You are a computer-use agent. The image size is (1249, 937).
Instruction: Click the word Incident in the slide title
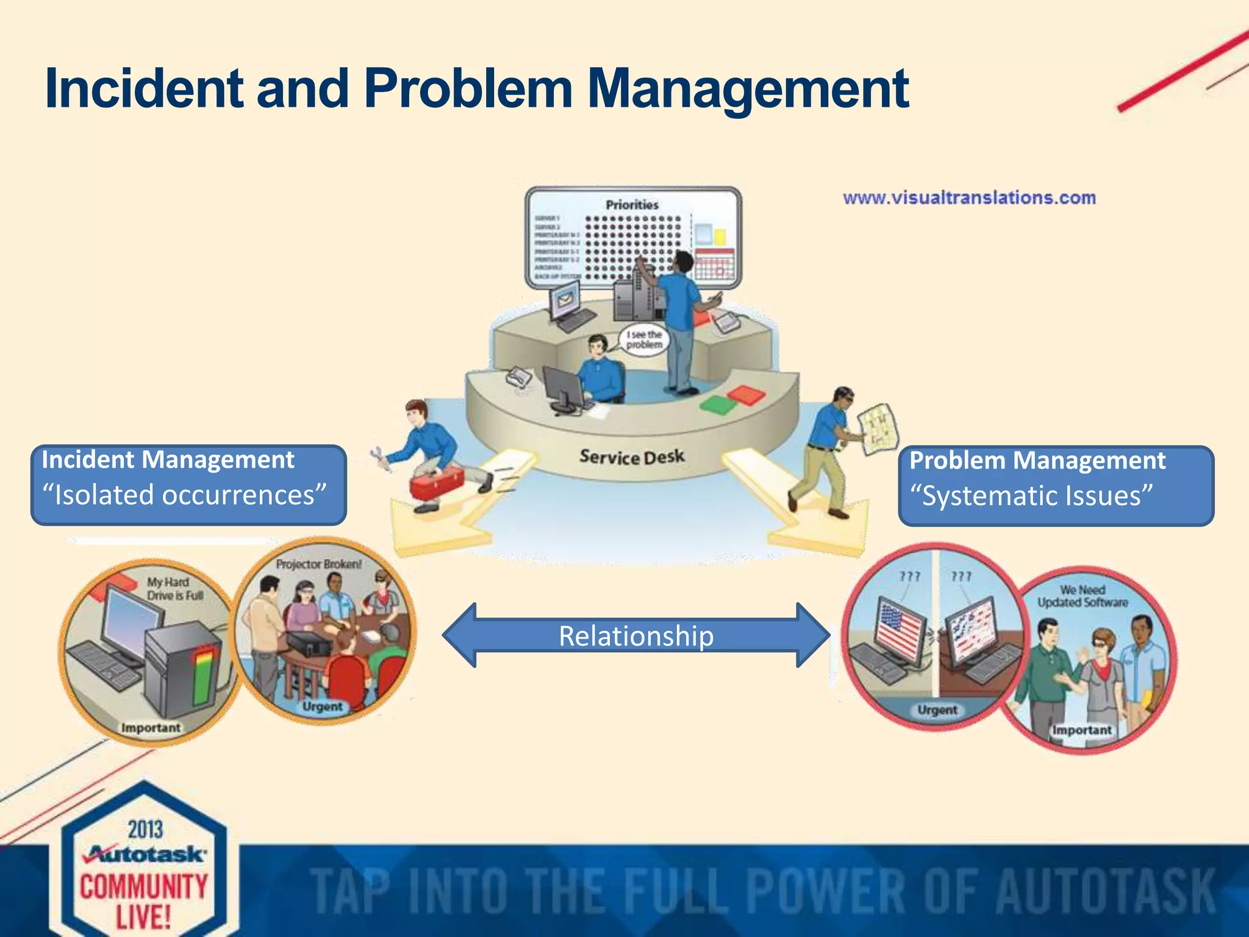click(145, 89)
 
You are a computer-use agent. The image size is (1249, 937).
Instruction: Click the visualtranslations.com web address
click(969, 198)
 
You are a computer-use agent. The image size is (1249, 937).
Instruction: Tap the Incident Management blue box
click(188, 485)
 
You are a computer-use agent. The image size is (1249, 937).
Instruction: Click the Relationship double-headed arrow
click(635, 636)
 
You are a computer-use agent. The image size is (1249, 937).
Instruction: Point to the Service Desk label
click(632, 456)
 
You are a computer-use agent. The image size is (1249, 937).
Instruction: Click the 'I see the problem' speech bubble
click(644, 340)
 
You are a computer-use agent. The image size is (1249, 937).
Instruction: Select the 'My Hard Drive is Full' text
click(174, 589)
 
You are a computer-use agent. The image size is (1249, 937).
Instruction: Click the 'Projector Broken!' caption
click(318, 564)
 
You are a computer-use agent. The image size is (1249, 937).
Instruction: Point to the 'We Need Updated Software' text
click(1083, 596)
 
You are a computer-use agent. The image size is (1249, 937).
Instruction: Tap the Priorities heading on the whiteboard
click(632, 205)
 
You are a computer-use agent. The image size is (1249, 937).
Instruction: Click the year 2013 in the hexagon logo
click(145, 830)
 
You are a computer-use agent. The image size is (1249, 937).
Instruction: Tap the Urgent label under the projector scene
click(322, 706)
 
